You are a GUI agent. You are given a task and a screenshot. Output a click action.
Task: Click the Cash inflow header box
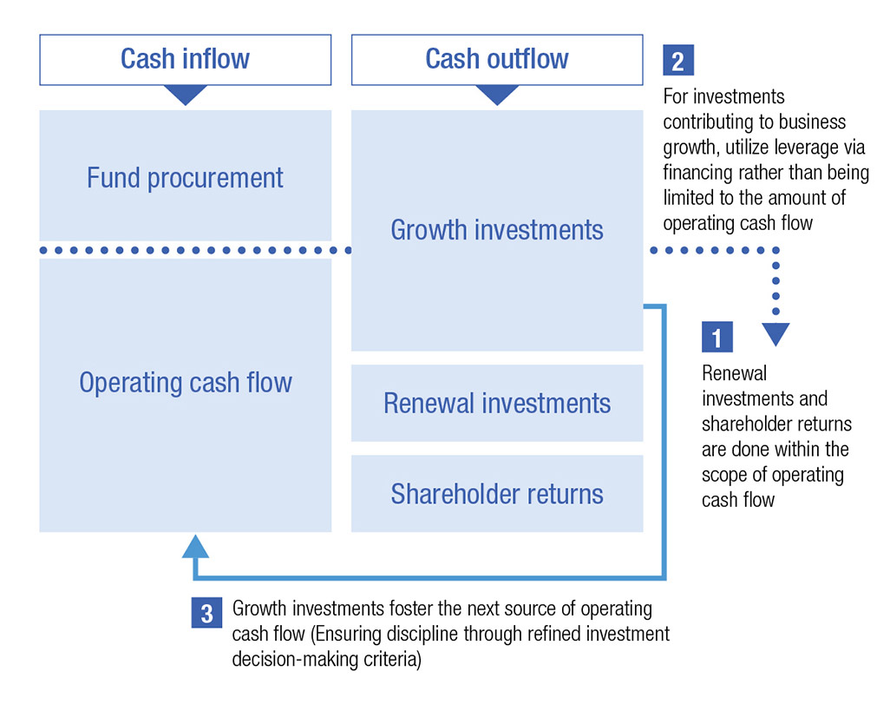[185, 59]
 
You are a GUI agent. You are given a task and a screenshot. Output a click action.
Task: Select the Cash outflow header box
[496, 59]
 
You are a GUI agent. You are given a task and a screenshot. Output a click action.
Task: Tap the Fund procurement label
[185, 178]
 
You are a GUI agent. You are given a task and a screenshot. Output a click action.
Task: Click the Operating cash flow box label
[185, 383]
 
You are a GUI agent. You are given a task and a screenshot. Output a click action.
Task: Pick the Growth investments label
[496, 230]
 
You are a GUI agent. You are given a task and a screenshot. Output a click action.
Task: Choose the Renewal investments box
[496, 404]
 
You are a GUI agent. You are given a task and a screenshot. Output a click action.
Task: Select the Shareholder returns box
[496, 494]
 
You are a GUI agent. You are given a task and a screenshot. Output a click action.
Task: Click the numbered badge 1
[717, 337]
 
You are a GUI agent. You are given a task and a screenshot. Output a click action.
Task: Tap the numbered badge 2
[677, 61]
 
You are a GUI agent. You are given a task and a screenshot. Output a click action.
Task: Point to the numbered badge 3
[206, 613]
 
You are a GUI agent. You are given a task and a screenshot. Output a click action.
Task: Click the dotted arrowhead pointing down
[775, 333]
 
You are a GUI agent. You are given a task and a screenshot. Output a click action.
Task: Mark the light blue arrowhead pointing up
[197, 546]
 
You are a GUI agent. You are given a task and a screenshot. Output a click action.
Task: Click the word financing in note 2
[697, 173]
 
